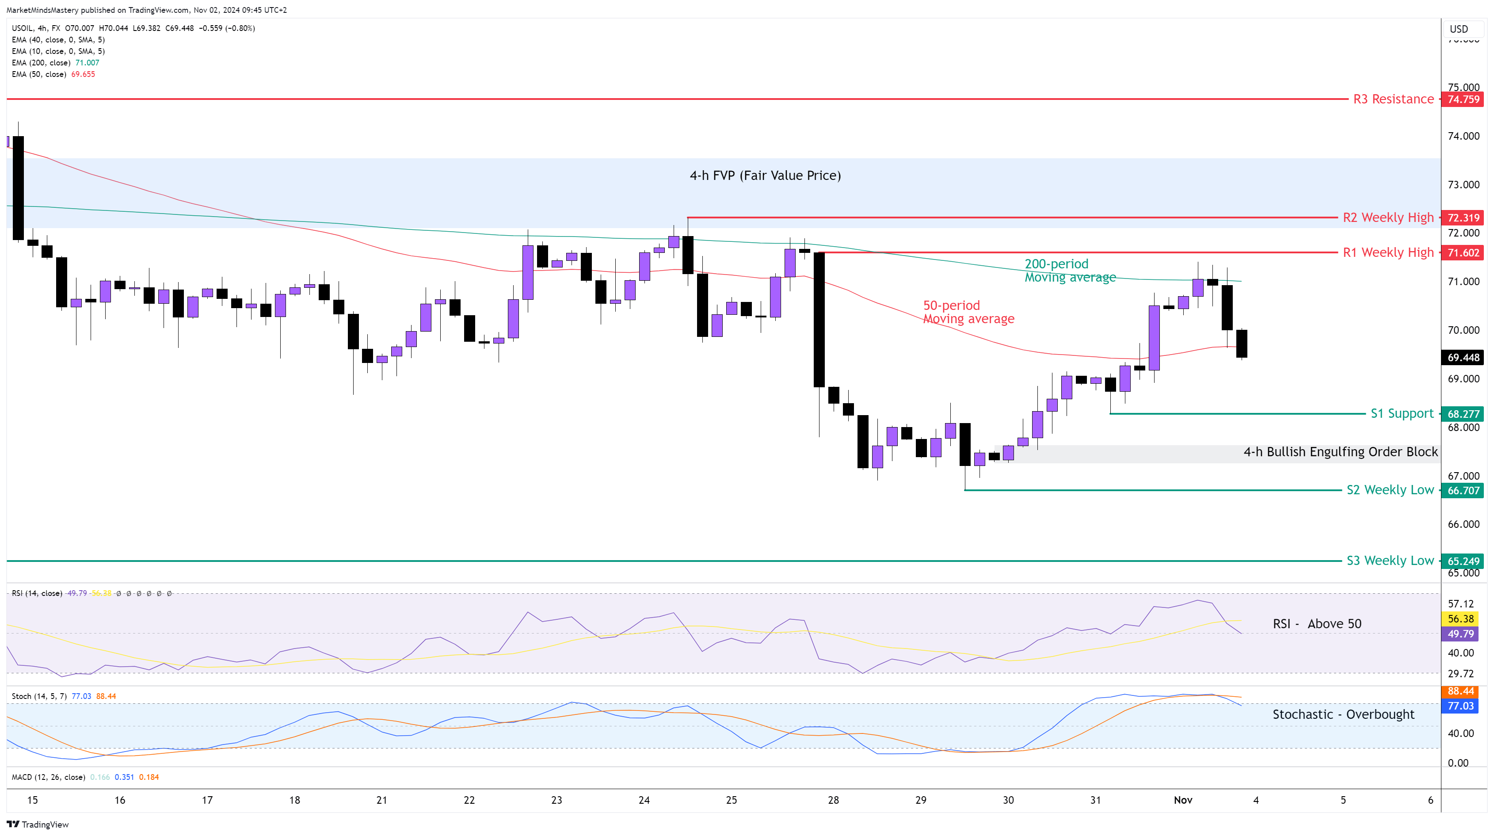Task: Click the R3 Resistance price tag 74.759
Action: coord(1463,99)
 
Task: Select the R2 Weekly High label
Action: coord(1388,218)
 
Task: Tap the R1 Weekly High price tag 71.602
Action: coord(1463,252)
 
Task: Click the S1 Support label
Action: coord(1401,414)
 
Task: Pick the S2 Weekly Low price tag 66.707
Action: coord(1463,490)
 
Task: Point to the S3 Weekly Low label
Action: coord(1390,561)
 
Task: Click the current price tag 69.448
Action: coord(1463,357)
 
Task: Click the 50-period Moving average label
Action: coord(968,312)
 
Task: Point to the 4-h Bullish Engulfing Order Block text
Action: coord(1340,452)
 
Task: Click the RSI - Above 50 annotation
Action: coord(1316,624)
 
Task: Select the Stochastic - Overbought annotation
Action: coord(1343,714)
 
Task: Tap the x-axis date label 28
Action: coord(833,800)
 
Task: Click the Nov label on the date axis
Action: coord(1182,800)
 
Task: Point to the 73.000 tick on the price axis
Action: coord(1463,184)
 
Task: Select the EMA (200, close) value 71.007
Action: coord(87,63)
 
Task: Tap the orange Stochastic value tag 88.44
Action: coord(1460,691)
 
